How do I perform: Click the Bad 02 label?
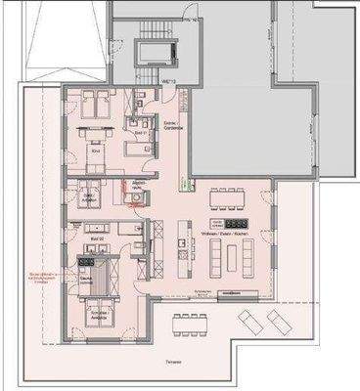(96, 238)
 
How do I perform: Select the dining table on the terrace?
(185, 325)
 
